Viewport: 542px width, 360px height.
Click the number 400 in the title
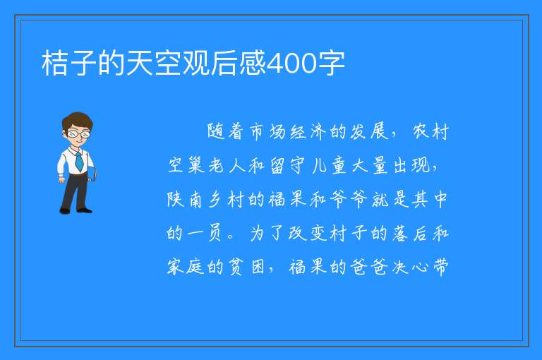tap(292, 64)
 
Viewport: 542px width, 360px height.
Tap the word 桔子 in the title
tap(68, 64)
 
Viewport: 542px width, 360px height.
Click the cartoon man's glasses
tap(78, 133)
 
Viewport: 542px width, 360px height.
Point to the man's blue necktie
tap(79, 160)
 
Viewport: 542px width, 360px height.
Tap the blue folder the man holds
tap(92, 174)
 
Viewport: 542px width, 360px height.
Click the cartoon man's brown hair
tap(78, 121)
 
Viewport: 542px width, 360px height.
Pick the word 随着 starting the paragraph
tap(225, 131)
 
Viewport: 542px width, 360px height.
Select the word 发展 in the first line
tap(370, 131)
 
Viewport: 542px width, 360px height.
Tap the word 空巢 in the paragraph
tap(186, 165)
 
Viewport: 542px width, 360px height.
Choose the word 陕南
tap(185, 199)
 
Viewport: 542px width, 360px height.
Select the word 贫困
tap(246, 267)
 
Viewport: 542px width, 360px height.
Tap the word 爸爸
tap(368, 267)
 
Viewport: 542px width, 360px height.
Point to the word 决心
tap(410, 267)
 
